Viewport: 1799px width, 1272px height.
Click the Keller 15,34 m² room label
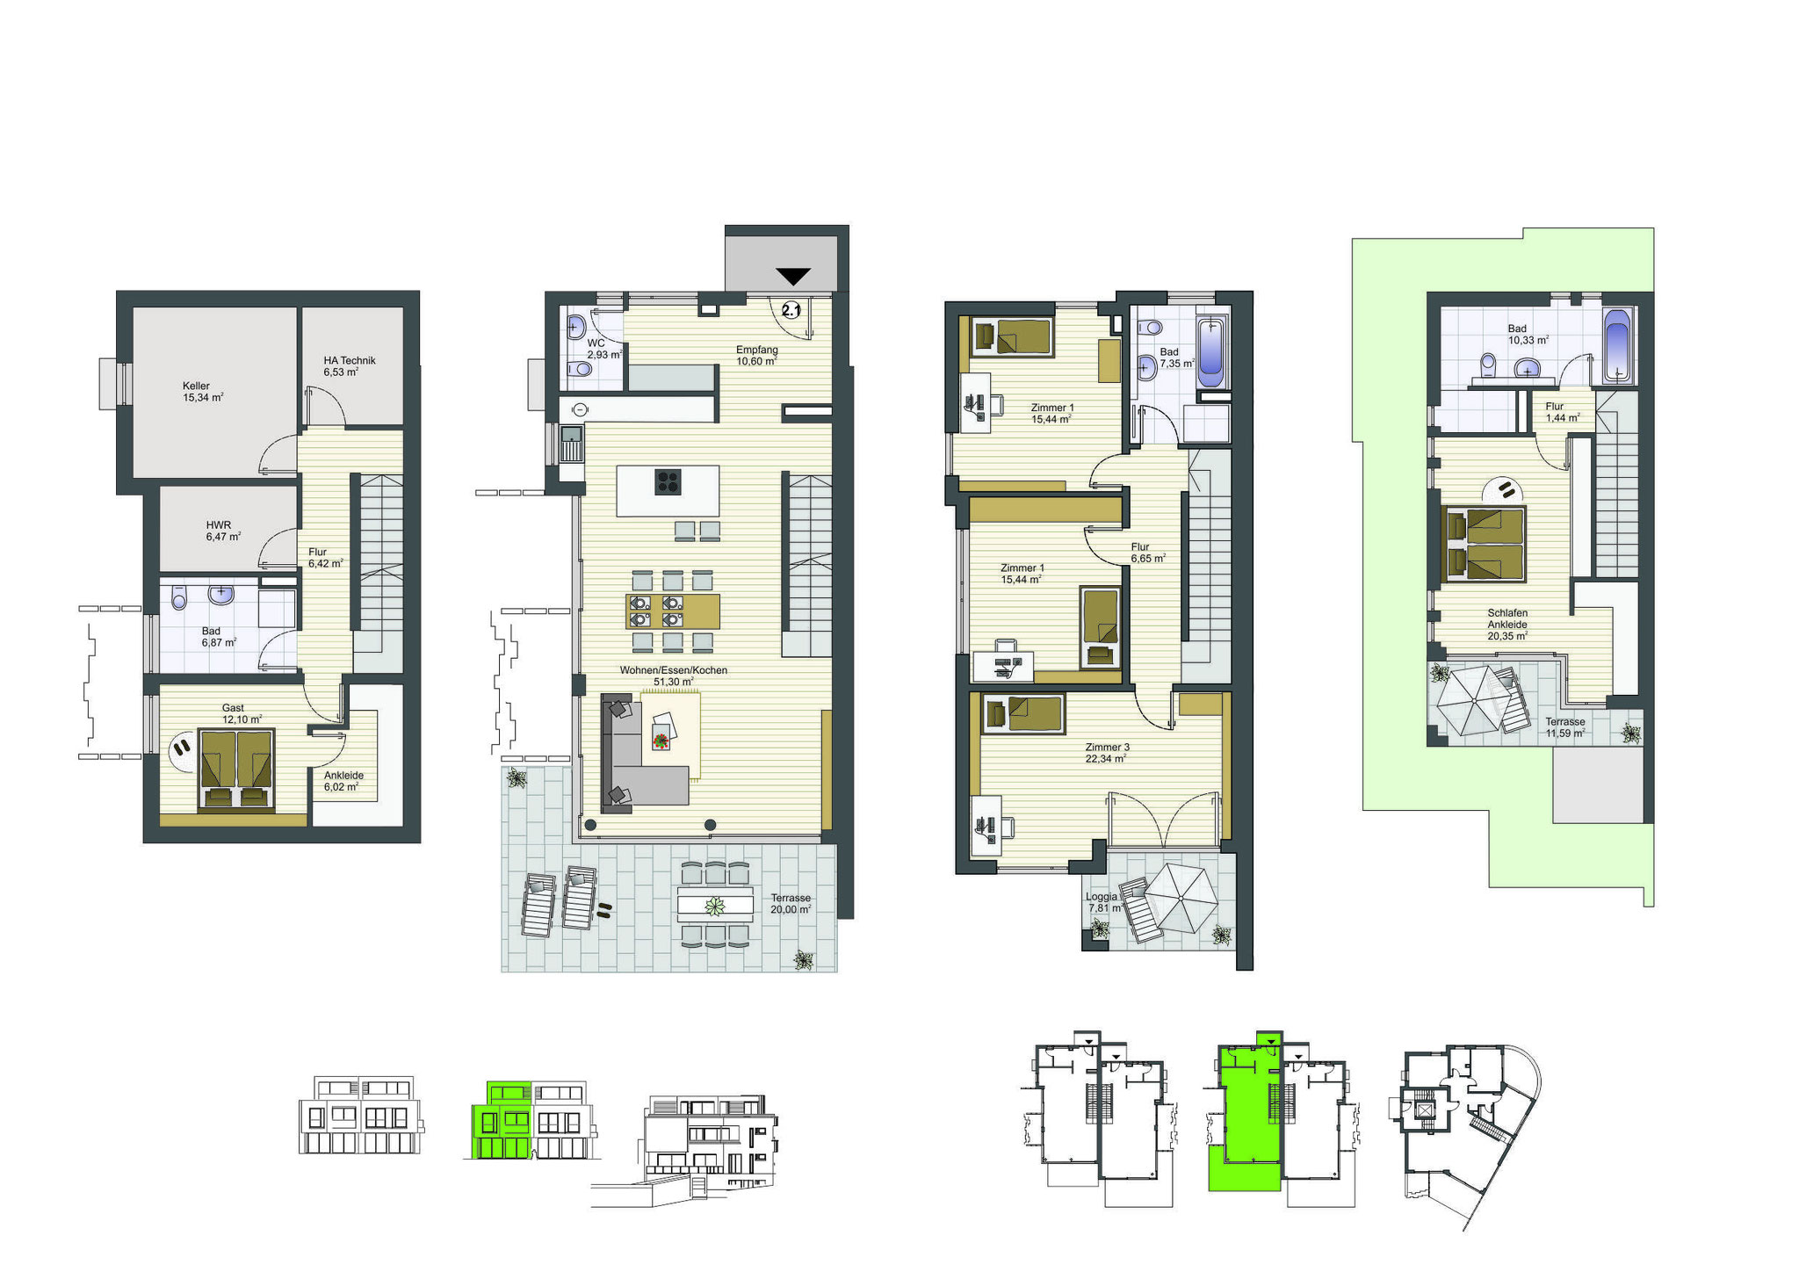[x=203, y=392]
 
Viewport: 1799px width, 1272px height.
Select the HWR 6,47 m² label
[x=223, y=531]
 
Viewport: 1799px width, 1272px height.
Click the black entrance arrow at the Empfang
[x=793, y=276]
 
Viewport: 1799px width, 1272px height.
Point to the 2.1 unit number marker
[x=791, y=310]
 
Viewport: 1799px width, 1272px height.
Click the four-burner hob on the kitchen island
[x=668, y=482]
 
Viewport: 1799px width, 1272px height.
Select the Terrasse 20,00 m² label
[x=791, y=904]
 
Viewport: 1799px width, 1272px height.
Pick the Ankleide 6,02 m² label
[x=343, y=781]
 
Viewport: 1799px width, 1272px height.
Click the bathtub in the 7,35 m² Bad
[x=1211, y=353]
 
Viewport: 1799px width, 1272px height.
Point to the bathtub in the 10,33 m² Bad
[x=1618, y=346]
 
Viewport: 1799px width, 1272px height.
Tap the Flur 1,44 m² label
[x=1561, y=412]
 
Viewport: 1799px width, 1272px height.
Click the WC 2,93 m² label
[x=604, y=349]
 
